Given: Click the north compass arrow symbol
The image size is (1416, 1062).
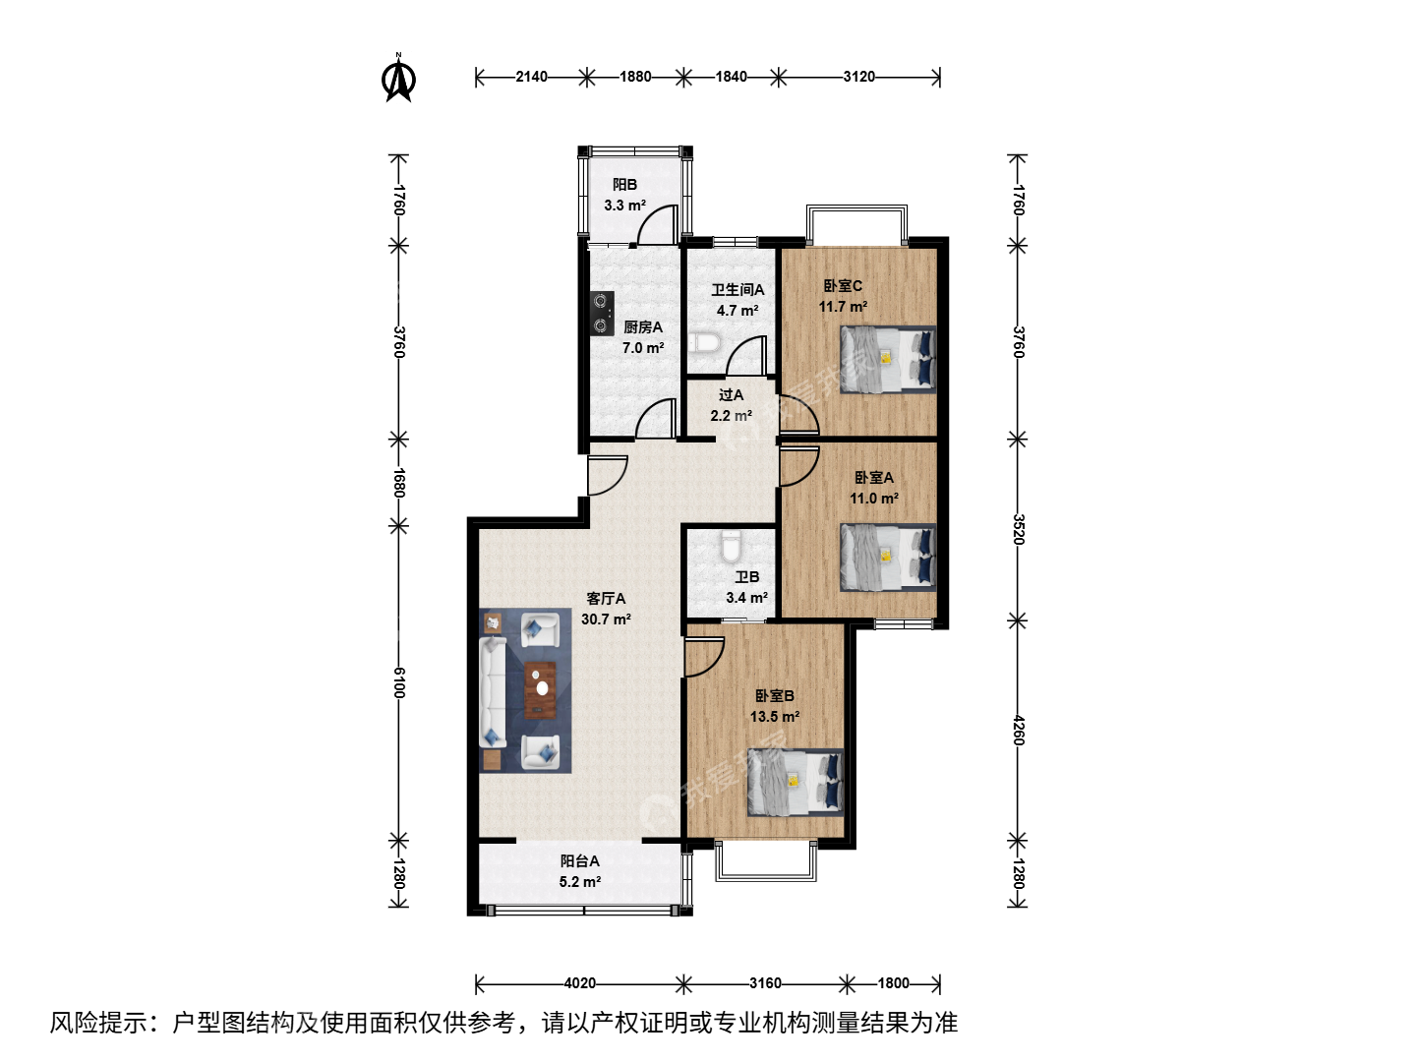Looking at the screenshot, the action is point(398,79).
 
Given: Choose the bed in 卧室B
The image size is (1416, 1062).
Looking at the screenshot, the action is point(796,782).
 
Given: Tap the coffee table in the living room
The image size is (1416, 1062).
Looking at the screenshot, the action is point(540,689).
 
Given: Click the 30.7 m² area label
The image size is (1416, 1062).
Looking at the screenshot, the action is point(606,619).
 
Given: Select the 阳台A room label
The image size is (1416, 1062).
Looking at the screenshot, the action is point(579,860).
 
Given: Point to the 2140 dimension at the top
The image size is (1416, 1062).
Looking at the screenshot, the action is point(531,77).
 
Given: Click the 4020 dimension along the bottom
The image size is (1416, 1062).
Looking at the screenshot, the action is point(579,983).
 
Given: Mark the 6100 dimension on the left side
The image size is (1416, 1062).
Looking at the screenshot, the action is point(398,682).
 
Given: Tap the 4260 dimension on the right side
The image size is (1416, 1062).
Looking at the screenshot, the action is point(1018,731).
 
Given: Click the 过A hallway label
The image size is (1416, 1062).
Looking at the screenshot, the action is point(731,394).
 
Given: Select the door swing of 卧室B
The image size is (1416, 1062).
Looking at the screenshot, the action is point(704,657).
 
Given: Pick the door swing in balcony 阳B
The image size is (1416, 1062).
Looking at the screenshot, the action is point(657,224).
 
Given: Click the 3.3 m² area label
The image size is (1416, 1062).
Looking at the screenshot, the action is point(624,206).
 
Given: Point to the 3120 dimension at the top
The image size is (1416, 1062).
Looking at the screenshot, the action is point(859,77).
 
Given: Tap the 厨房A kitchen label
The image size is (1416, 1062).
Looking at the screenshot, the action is point(642,326).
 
